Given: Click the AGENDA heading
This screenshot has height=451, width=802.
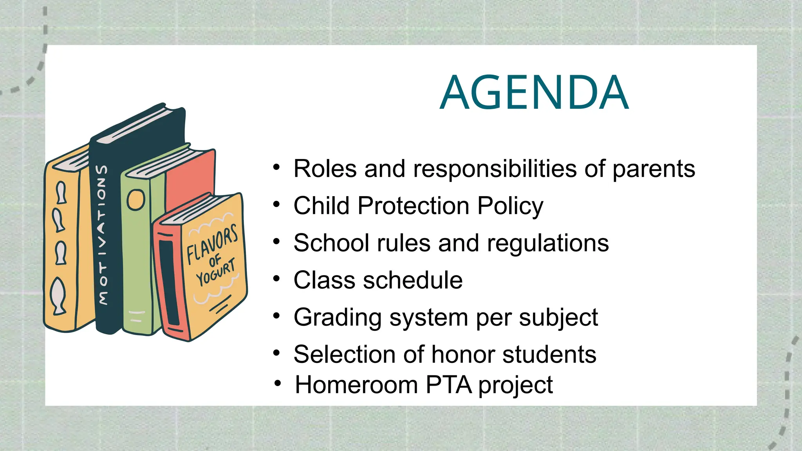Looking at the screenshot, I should coord(534,93).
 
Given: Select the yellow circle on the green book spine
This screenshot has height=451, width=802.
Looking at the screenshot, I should coord(136,199).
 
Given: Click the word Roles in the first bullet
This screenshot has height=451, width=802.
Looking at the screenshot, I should coord(325,169).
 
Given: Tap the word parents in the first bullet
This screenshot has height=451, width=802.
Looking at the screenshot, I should coord(654,170).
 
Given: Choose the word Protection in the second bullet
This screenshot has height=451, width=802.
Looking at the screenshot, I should coord(413,206).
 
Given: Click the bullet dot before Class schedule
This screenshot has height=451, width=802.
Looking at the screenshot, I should coord(277,279).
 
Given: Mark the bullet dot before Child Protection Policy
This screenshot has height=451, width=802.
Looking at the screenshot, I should coord(277,204).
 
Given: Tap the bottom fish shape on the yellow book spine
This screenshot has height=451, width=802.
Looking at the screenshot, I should coord(59,296).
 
